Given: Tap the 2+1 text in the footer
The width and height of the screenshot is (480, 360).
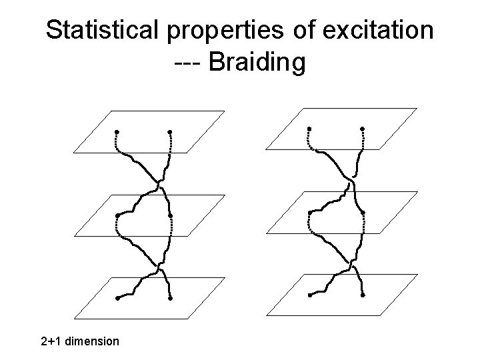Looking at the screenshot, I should coord(49,341).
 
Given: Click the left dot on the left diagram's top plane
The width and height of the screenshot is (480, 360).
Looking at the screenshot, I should coord(116,131).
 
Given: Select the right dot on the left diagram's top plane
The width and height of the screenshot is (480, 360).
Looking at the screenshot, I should coord(170,131).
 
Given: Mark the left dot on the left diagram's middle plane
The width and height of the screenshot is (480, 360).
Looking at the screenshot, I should coord(117,215).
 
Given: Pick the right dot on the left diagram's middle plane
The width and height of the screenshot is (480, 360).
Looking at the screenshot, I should coord(171,215).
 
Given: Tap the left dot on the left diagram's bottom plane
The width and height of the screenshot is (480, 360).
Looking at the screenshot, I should coord(117,298).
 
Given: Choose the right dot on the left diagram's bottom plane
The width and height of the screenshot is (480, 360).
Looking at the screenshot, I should coord(171,298).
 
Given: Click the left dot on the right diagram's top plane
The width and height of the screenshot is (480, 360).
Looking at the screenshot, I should coord(309,127).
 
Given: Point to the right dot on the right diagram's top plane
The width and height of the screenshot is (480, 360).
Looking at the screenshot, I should coord(363,127).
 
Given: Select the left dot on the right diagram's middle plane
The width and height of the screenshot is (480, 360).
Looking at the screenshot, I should coord(309,212).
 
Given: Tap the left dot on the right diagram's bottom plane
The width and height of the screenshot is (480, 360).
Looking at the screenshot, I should coord(309,295).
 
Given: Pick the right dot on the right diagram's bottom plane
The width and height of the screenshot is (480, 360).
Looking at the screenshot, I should coord(363,295).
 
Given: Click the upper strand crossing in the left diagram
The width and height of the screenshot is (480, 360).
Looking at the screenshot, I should coord(159,181).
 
